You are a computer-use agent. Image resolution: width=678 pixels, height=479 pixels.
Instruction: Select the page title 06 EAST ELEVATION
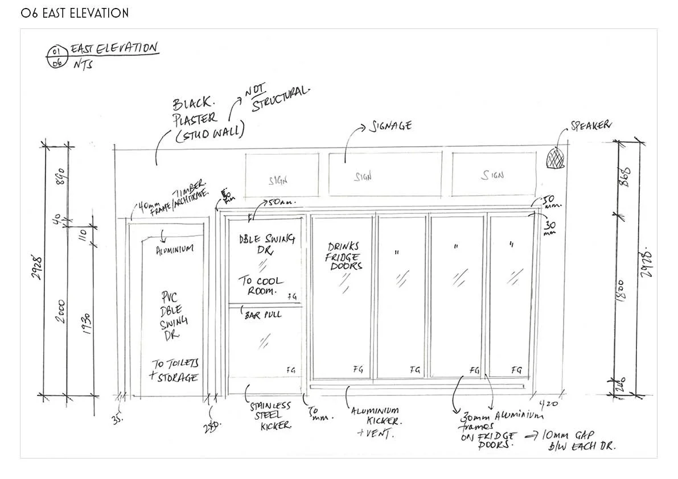(75, 13)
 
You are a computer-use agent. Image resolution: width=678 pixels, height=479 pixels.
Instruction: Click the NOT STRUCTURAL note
(277, 100)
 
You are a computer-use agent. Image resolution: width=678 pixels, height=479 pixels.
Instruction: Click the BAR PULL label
(263, 314)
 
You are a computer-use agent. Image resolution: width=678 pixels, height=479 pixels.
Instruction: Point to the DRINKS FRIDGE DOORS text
(344, 256)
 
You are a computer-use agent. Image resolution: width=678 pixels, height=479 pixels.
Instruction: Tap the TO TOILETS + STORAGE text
(175, 370)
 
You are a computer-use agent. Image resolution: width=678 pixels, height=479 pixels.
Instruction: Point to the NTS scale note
(81, 64)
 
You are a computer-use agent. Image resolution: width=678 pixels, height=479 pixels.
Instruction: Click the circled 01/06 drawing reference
(56, 59)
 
